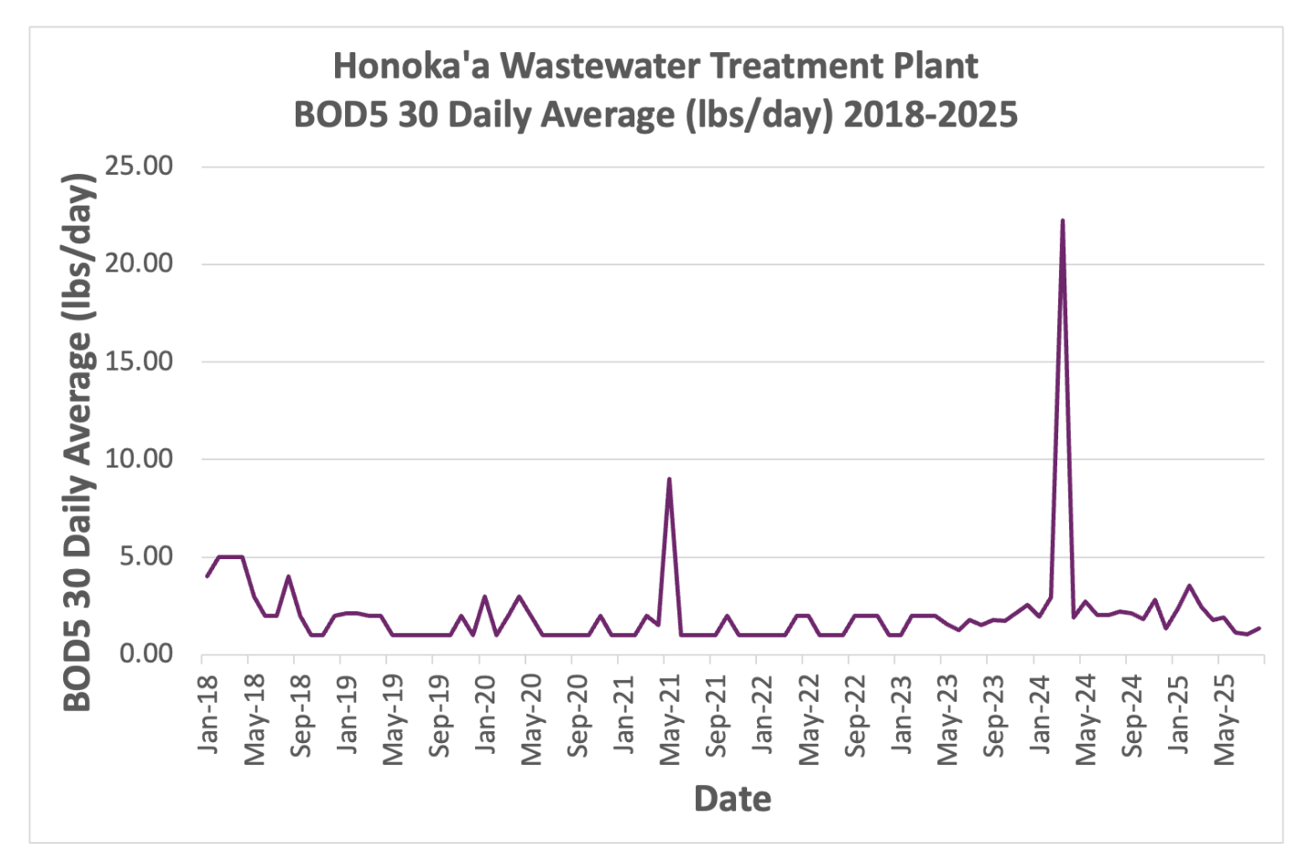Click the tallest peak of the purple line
point(1062,221)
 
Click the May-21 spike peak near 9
point(669,479)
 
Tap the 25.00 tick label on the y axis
point(139,166)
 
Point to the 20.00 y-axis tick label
point(139,264)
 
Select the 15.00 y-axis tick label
point(139,361)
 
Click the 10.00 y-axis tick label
point(139,458)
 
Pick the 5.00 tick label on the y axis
point(146,556)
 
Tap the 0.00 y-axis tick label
point(146,653)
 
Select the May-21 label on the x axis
point(671,719)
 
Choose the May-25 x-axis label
point(1226,719)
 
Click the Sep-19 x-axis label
point(440,717)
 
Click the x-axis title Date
point(732,799)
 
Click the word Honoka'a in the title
point(411,66)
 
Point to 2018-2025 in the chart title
point(930,115)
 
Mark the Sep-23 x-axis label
point(995,717)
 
